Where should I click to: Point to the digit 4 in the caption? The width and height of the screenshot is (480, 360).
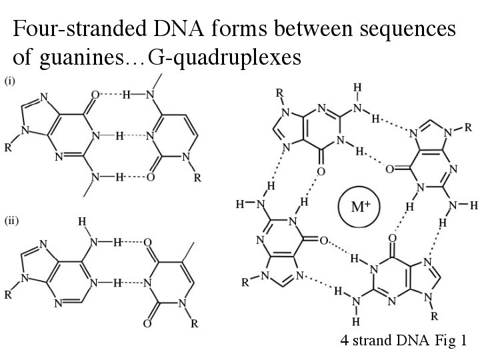(344, 341)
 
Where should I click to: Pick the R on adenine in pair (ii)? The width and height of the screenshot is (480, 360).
(8, 294)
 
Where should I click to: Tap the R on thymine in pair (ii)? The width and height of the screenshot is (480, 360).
(194, 325)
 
